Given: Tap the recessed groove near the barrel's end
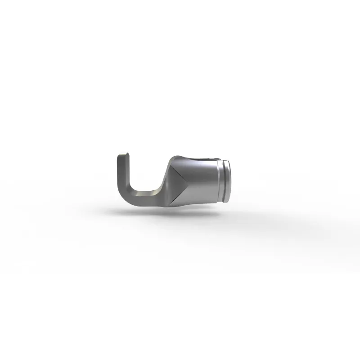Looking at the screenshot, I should pos(221,180).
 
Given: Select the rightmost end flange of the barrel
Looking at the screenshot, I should pos(229,180).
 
